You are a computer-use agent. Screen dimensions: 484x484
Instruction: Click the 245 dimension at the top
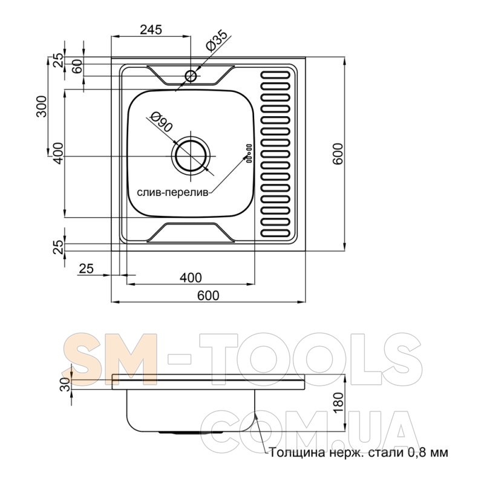[151, 30]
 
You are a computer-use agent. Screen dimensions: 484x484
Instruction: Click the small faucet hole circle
[191, 76]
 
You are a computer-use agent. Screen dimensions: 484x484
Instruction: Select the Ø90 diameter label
[161, 122]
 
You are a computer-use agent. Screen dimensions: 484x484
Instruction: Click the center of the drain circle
[191, 156]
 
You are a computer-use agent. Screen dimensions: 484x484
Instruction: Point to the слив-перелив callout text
[173, 192]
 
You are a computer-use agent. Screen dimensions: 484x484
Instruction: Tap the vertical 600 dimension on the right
[338, 154]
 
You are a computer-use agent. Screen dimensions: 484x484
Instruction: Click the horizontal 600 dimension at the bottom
[208, 295]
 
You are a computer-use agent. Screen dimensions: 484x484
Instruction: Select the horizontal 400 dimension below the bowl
[191, 278]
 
